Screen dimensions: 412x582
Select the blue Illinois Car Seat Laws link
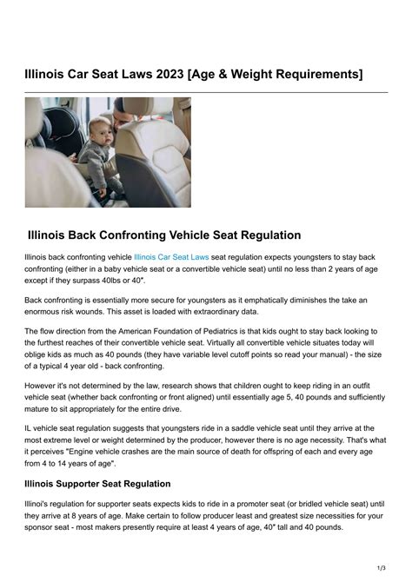point(171,257)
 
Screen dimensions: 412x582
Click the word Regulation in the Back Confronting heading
point(260,235)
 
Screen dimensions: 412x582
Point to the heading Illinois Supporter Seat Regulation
point(97,484)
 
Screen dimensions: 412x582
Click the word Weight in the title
point(250,69)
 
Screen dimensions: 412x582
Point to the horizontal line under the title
point(206,91)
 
